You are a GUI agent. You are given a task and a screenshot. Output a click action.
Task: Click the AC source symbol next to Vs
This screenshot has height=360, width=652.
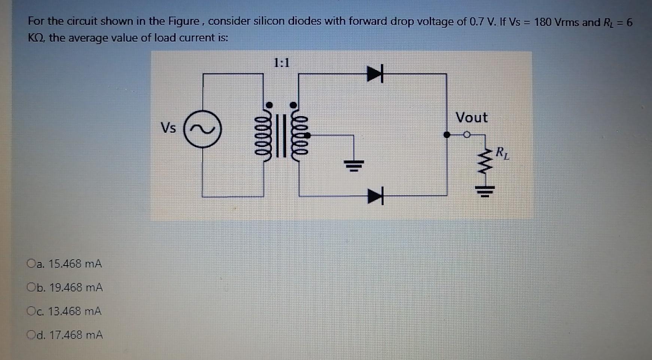click(x=203, y=129)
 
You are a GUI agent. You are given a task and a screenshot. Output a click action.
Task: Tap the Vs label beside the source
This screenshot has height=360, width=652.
click(x=168, y=128)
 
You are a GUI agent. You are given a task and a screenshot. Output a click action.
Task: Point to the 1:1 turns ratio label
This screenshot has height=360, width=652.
click(x=281, y=63)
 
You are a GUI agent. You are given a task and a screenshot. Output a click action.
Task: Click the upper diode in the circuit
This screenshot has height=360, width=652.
click(x=375, y=74)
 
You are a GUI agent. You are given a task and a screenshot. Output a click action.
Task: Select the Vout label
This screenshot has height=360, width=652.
click(x=471, y=118)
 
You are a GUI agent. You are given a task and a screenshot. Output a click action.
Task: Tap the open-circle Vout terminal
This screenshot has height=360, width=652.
click(x=466, y=135)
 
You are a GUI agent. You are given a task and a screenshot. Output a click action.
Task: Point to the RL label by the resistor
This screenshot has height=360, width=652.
click(x=502, y=153)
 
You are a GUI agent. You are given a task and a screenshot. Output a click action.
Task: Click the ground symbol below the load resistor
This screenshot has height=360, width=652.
click(x=485, y=192)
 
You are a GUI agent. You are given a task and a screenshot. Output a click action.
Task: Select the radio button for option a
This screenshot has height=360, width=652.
click(x=31, y=263)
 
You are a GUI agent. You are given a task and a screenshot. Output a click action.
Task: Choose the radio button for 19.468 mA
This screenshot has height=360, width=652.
click(x=31, y=287)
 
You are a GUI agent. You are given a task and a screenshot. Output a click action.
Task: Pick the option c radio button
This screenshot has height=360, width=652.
click(x=31, y=311)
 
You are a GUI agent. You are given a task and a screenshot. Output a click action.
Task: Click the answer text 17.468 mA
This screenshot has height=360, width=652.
click(x=76, y=335)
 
